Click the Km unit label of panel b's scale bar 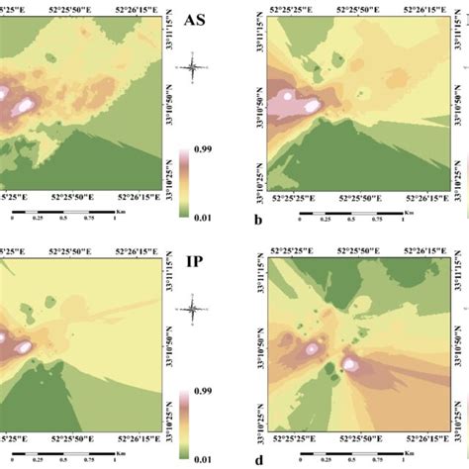[409, 211]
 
